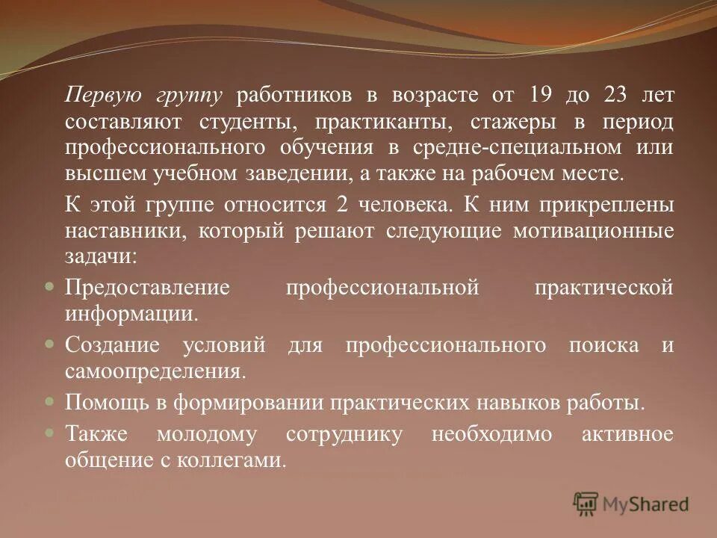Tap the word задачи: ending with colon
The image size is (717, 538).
[101, 256]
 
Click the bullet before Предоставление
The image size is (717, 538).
[49, 286]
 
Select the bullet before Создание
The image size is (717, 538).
[49, 344]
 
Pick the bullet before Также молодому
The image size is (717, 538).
[49, 433]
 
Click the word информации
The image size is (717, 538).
[132, 313]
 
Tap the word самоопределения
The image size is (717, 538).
[155, 371]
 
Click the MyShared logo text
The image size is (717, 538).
[646, 504]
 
